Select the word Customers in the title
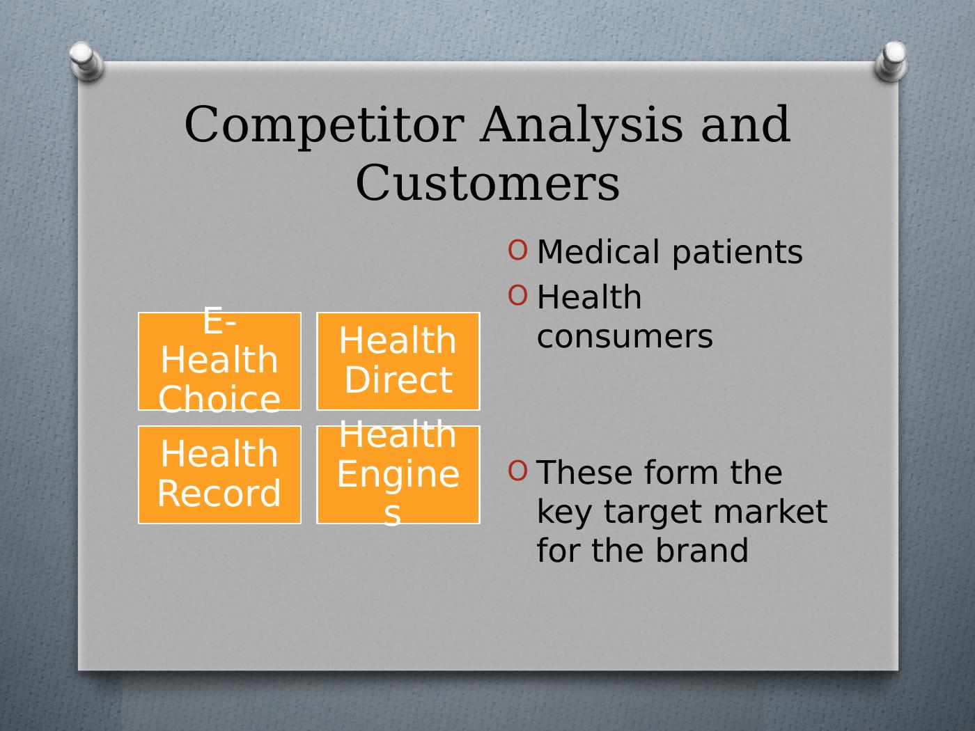coord(487,182)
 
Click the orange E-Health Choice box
coord(219,361)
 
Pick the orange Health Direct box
coord(398,361)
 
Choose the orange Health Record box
coord(219,475)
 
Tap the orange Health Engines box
coord(398,475)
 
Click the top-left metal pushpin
coord(86,61)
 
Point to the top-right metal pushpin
coord(891,61)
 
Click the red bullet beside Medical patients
coord(517,250)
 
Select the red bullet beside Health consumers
coord(517,295)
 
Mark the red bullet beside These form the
coord(517,471)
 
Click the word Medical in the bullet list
coord(598,251)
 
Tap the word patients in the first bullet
coord(738,253)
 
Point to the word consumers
coord(625,336)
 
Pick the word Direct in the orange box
coord(398,380)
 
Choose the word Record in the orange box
coord(219,493)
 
